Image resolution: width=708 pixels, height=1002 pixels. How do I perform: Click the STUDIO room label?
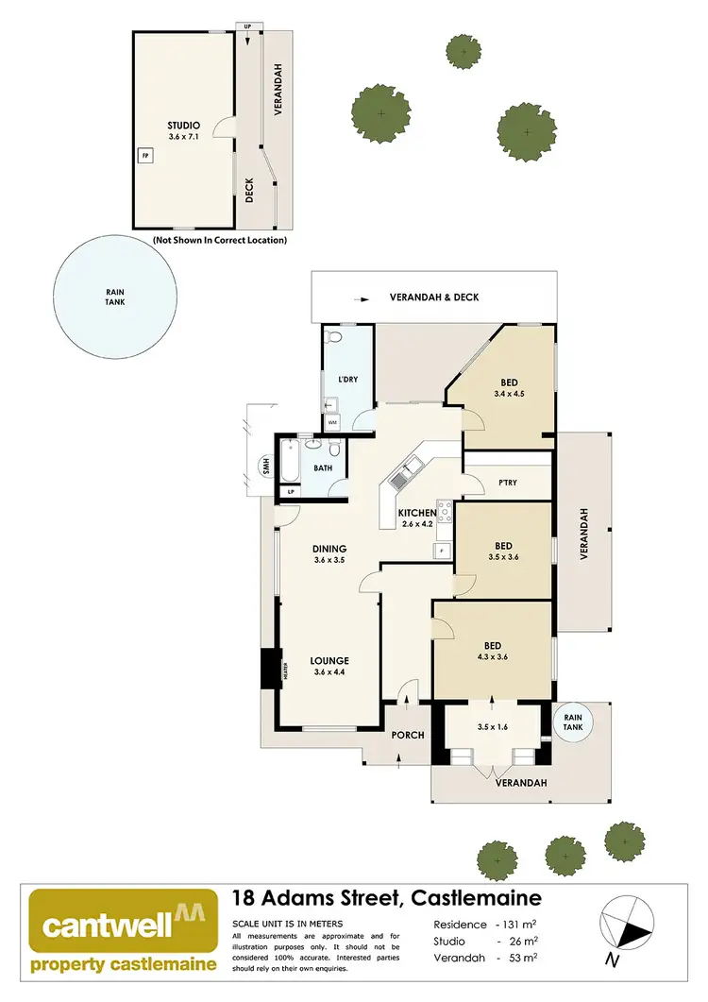(184, 125)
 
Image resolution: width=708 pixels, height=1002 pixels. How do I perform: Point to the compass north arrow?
(626, 928)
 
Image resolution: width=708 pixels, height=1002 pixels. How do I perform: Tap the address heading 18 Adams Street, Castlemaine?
(386, 898)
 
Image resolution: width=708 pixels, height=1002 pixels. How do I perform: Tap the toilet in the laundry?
(332, 337)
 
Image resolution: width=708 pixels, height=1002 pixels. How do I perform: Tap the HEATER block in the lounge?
(282, 670)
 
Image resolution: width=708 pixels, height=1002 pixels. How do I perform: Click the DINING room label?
(330, 548)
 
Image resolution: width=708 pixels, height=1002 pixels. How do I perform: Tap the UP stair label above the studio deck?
(248, 26)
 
